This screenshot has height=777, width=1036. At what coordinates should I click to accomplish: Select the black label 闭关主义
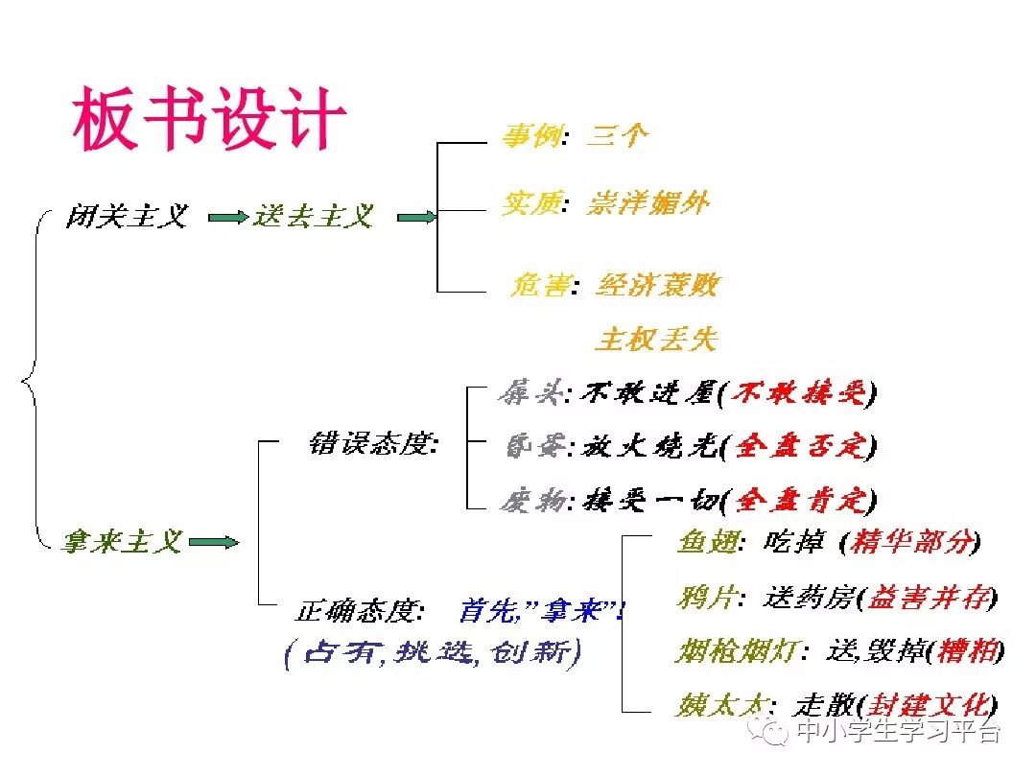tap(126, 217)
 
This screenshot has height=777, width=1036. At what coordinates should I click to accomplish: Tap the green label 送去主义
tap(313, 217)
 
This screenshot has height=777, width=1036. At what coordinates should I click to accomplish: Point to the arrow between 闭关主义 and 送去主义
tap(226, 218)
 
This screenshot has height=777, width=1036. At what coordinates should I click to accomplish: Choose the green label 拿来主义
tap(122, 542)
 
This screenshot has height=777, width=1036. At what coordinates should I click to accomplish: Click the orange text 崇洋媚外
tap(648, 202)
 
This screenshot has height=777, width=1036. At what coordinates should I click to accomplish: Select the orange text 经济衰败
tap(657, 285)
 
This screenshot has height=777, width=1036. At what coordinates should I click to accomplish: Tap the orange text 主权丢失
tap(657, 339)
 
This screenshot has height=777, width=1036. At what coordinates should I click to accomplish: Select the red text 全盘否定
tap(799, 446)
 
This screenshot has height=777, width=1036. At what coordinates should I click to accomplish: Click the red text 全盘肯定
tap(799, 500)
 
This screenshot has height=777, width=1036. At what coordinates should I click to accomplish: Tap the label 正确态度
tap(359, 610)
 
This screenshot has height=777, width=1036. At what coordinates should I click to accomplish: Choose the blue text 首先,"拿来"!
tap(541, 610)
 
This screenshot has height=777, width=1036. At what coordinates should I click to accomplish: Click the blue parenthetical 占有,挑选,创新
tap(433, 653)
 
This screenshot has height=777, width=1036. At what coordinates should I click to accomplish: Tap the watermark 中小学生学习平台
tap(898, 732)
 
